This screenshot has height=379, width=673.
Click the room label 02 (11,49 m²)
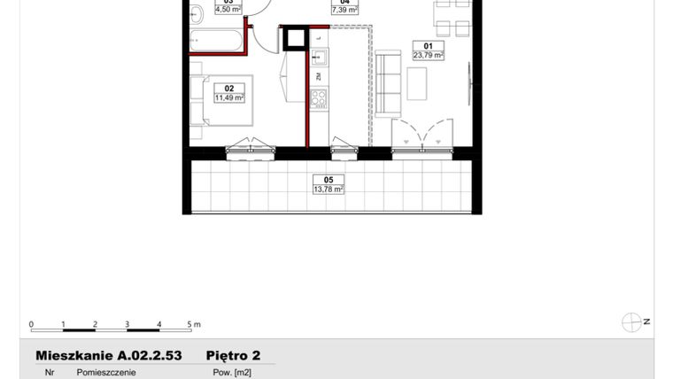click(x=228, y=93)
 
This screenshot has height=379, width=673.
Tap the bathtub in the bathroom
click(x=216, y=42)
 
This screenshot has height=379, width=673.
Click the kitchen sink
click(x=319, y=59)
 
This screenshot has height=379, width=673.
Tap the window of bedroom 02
click(x=250, y=151)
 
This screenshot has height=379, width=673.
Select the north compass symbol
click(x=632, y=322)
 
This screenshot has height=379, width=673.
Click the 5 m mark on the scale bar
click(x=190, y=325)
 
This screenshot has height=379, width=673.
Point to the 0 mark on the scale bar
click(x=31, y=325)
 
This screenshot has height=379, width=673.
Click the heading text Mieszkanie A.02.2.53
click(x=108, y=355)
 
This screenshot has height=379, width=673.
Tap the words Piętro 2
click(x=233, y=355)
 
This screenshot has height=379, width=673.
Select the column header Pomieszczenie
click(x=106, y=373)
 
